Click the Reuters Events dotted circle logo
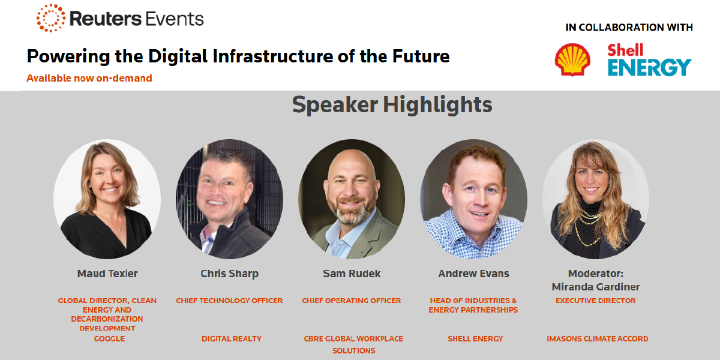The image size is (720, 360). coord(51,18)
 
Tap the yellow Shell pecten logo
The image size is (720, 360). coord(572,60)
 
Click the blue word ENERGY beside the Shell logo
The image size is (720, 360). coord(649,67)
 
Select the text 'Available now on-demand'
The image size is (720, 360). coord(89,78)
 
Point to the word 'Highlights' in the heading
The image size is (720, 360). coord(437,105)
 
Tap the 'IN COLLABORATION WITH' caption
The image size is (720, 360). coord(629,28)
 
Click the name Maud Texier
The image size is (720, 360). coord(107,274)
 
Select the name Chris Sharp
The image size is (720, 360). coord(229,274)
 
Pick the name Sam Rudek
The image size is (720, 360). coord(352,274)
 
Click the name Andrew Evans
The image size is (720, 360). coord(473,274)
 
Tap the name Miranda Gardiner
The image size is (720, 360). coord(596,287)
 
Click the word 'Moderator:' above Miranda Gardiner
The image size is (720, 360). coord(596,274)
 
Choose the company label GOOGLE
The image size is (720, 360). coord(109,339)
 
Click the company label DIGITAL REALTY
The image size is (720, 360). coord(232,339)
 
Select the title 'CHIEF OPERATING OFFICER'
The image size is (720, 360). coord(352,301)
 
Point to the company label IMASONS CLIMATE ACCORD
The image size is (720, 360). coord(597,339)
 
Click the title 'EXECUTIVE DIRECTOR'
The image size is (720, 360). coord(596,301)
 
